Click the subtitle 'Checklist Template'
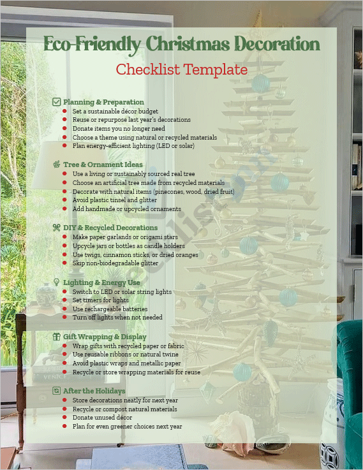(181, 69)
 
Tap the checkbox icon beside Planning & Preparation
(56, 102)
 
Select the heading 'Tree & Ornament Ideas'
(103, 165)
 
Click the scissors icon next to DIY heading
(56, 227)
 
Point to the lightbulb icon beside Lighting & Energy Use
(56, 282)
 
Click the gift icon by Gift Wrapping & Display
(56, 336)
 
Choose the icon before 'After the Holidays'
(56, 390)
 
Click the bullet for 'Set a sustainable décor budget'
(64, 111)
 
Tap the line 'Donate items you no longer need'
(118, 128)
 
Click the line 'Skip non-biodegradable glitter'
(115, 263)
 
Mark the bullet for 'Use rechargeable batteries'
(64, 309)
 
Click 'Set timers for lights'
(100, 300)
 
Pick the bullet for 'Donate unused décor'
(64, 417)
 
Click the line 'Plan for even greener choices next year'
(127, 426)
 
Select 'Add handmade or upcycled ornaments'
(126, 209)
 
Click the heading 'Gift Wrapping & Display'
(105, 336)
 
